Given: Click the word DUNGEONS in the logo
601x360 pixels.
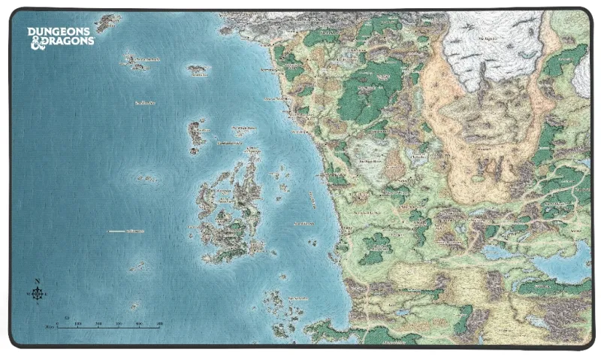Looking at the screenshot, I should [60, 32].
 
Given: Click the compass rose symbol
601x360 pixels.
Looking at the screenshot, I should [37, 292].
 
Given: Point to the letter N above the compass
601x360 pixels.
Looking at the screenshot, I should [37, 281].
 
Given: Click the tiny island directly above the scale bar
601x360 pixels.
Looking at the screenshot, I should [134, 306].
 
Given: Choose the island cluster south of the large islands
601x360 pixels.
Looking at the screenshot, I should [282, 312].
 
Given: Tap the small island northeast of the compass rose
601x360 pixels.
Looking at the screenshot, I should [137, 266].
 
